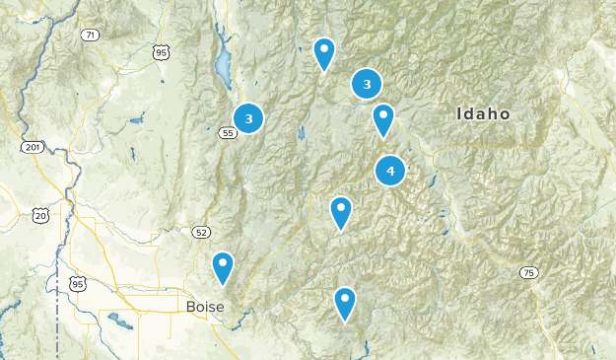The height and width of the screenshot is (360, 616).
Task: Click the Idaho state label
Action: coord(483,114)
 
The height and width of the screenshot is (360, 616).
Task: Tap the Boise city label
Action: coord(205,307)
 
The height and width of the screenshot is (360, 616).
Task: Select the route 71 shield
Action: coord(91,35)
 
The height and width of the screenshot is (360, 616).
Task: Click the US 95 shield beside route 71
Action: coord(161,51)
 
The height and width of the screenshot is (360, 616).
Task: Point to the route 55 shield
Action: coord(228,132)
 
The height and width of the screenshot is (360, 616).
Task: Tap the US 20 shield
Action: coord(39,215)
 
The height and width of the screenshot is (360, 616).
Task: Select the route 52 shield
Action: coord(201,233)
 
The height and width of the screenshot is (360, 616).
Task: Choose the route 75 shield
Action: coord(529,273)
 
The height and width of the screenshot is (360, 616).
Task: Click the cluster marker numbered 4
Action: coord(390,172)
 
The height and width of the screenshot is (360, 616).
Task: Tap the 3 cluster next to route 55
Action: coord(248,118)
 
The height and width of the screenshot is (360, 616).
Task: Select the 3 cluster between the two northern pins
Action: coord(367,85)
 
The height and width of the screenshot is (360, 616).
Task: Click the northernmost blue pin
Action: coord(324,52)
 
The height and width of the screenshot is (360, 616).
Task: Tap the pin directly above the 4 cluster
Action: coord(383,119)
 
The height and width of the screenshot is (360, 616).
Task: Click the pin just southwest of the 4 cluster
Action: coord(340,211)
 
